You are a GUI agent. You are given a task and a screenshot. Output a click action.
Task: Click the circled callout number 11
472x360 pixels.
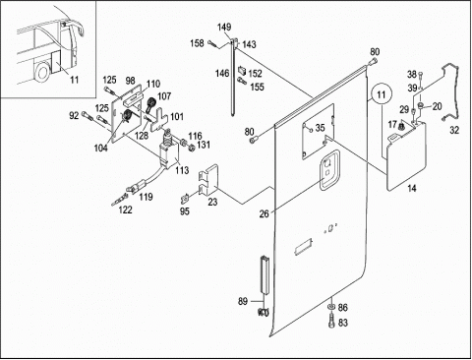point(382,94)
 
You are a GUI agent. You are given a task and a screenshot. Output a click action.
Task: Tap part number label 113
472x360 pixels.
point(182,170)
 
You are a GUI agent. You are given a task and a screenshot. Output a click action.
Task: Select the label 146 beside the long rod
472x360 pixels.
point(222,73)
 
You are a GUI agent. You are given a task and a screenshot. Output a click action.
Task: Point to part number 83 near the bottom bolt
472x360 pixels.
point(342,323)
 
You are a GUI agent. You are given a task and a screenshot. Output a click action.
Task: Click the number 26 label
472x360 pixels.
point(264,214)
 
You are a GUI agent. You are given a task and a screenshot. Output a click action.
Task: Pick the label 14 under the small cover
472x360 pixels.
point(412,188)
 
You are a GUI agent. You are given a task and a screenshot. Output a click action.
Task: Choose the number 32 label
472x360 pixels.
point(454,130)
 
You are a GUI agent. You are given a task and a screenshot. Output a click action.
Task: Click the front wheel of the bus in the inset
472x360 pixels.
point(42,72)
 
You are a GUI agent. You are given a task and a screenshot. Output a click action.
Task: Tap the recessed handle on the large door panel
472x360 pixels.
point(329,169)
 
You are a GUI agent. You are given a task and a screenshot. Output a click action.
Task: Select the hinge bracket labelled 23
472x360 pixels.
point(208,180)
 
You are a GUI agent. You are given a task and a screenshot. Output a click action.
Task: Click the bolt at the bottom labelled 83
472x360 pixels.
point(331,320)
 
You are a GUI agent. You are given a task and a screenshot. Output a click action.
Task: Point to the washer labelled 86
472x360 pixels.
point(331,306)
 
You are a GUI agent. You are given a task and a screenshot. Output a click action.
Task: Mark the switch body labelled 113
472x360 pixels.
point(169,155)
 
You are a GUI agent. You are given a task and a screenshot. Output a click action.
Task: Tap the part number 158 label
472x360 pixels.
point(197,43)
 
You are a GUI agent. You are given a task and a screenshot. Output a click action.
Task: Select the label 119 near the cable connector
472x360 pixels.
point(146,197)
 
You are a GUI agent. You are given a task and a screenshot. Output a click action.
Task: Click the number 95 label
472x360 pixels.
point(185,211)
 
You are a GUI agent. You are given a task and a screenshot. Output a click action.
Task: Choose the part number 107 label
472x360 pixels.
point(164,96)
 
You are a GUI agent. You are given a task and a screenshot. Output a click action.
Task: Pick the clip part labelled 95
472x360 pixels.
point(185,199)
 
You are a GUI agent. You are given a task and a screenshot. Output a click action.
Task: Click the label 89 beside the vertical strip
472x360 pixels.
point(243,301)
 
